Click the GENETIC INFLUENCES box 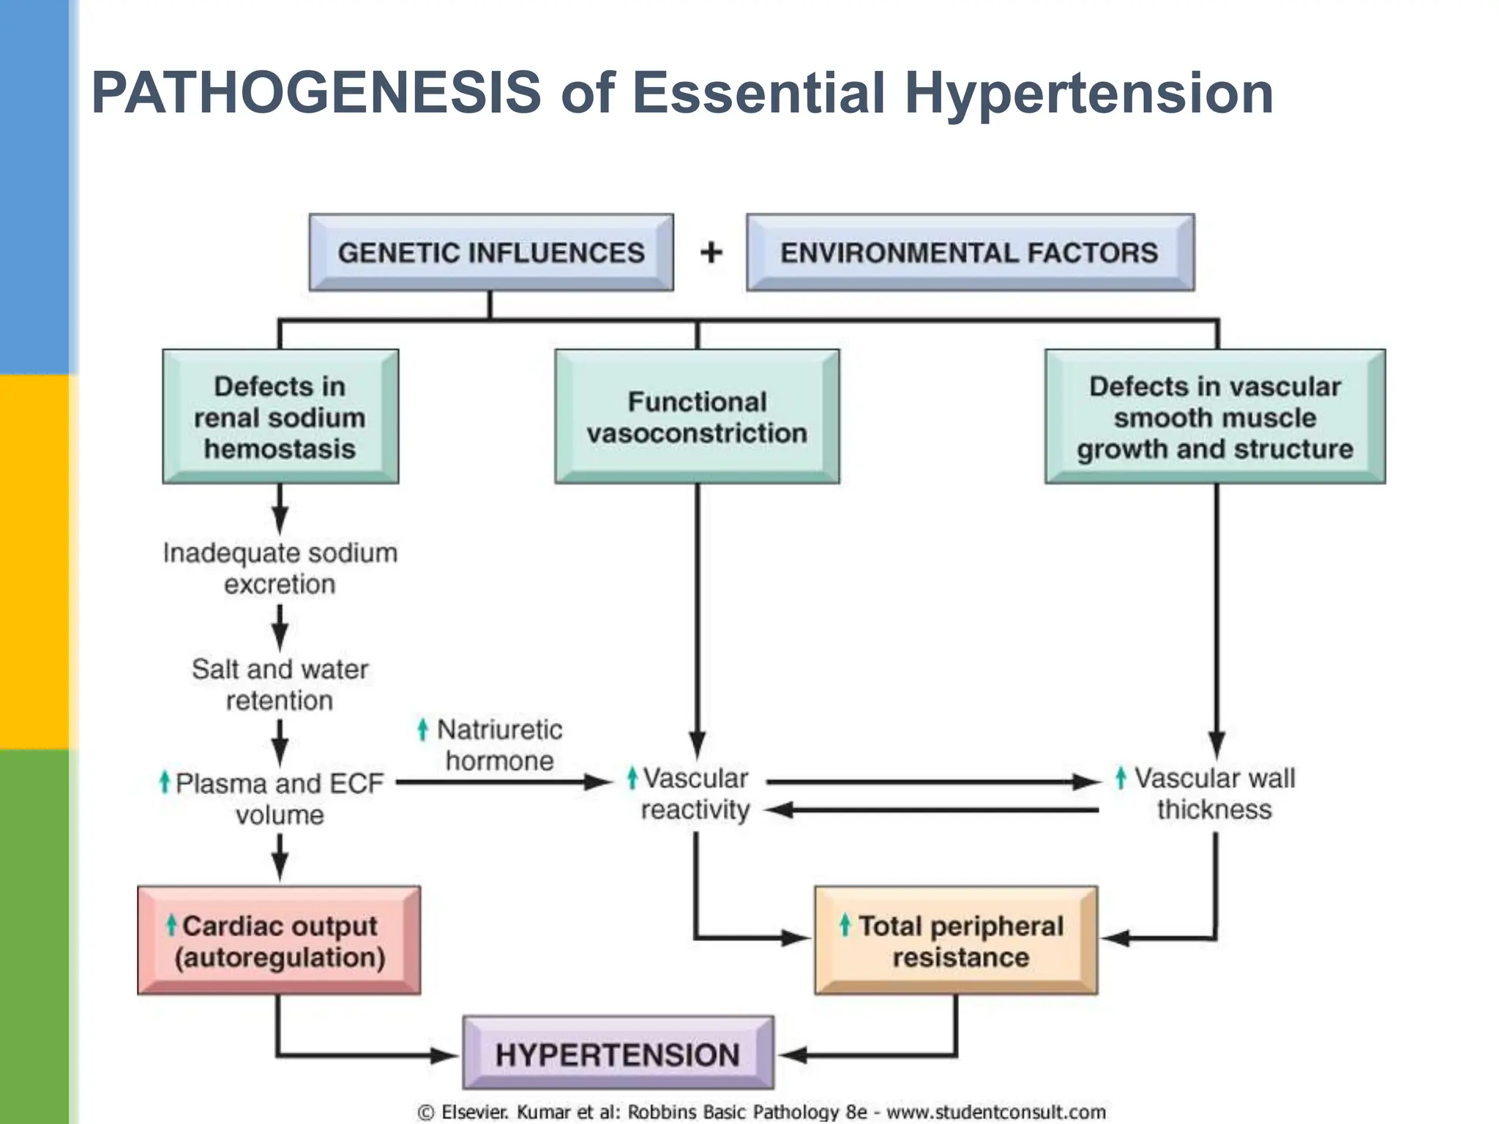[x=491, y=252]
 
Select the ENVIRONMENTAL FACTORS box [x=970, y=252]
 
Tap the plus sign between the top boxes [x=711, y=252]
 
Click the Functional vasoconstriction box [x=697, y=417]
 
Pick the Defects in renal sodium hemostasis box [x=280, y=417]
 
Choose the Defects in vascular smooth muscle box [x=1215, y=417]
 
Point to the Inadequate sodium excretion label [x=280, y=569]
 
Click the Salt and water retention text [x=280, y=684]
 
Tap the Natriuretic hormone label [x=500, y=745]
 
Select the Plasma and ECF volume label [x=280, y=798]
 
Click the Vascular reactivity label [x=695, y=794]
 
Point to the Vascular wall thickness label [x=1214, y=794]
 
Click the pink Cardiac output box [x=279, y=941]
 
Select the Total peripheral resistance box [x=956, y=941]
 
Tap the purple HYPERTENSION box [x=618, y=1054]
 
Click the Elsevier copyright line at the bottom [x=761, y=1112]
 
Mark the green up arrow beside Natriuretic [x=422, y=729]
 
